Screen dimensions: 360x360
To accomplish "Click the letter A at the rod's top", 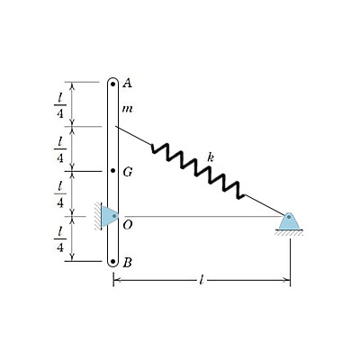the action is point(128,83).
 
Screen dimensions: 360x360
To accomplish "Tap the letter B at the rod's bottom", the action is point(128,263).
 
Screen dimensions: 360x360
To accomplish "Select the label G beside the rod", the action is point(128,172).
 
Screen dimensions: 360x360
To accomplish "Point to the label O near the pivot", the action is point(128,225).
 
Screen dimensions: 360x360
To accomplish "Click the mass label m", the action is point(128,109).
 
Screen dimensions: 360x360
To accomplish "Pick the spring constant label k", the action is point(211,157).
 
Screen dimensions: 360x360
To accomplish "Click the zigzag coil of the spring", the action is point(198,172).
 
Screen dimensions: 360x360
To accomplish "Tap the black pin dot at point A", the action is point(113,85).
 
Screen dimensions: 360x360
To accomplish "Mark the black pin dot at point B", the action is point(112,261).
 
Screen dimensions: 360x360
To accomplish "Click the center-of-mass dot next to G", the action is point(113,171).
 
